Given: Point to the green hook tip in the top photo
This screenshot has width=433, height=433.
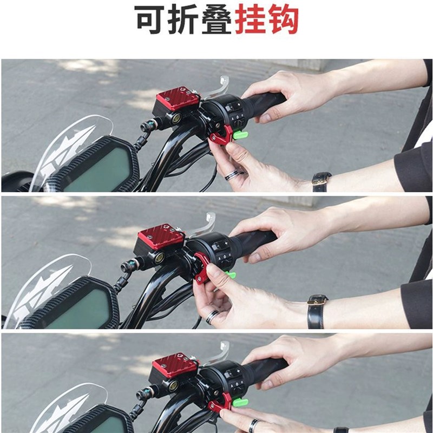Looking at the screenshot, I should pyautogui.click(x=241, y=134).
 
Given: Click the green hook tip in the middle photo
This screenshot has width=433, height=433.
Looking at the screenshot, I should pyautogui.click(x=229, y=275).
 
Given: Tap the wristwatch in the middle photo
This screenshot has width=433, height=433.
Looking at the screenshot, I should pyautogui.click(x=317, y=312).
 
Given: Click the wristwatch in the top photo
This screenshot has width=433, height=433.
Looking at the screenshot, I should pyautogui.click(x=322, y=180).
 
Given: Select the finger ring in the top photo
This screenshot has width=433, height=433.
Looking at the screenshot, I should pyautogui.click(x=232, y=175).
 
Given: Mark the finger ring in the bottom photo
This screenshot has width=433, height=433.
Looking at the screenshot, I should pyautogui.click(x=253, y=425).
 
